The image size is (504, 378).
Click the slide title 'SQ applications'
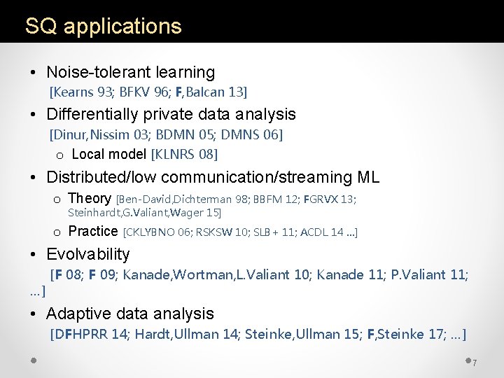103,27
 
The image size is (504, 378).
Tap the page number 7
474,363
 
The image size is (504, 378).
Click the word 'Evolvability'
88,254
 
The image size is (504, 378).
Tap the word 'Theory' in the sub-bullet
90,199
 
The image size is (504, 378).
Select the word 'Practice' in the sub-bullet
93,231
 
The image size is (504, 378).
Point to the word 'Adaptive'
76,314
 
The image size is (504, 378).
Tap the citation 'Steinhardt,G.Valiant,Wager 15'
144,212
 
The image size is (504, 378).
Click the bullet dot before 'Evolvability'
33,255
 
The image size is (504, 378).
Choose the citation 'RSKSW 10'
218,232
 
